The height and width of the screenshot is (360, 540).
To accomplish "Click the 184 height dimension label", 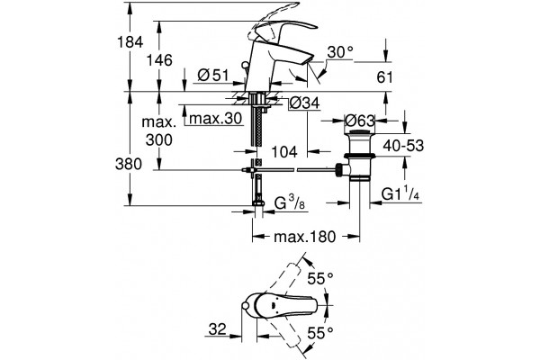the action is click(x=130, y=42).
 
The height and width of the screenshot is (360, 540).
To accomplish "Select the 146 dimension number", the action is click(x=159, y=60).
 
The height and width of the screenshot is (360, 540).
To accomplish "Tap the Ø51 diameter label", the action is click(x=213, y=75).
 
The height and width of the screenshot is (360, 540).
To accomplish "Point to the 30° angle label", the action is click(x=340, y=52).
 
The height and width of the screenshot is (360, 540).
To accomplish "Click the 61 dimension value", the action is click(x=384, y=77).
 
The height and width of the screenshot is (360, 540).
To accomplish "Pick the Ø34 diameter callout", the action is click(x=304, y=103).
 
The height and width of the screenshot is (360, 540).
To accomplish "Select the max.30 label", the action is click(x=216, y=119).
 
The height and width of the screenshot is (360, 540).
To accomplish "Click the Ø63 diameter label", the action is click(x=360, y=121).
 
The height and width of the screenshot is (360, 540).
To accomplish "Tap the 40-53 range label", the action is click(x=403, y=146).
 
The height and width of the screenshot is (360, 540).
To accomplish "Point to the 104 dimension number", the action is click(x=284, y=151).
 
